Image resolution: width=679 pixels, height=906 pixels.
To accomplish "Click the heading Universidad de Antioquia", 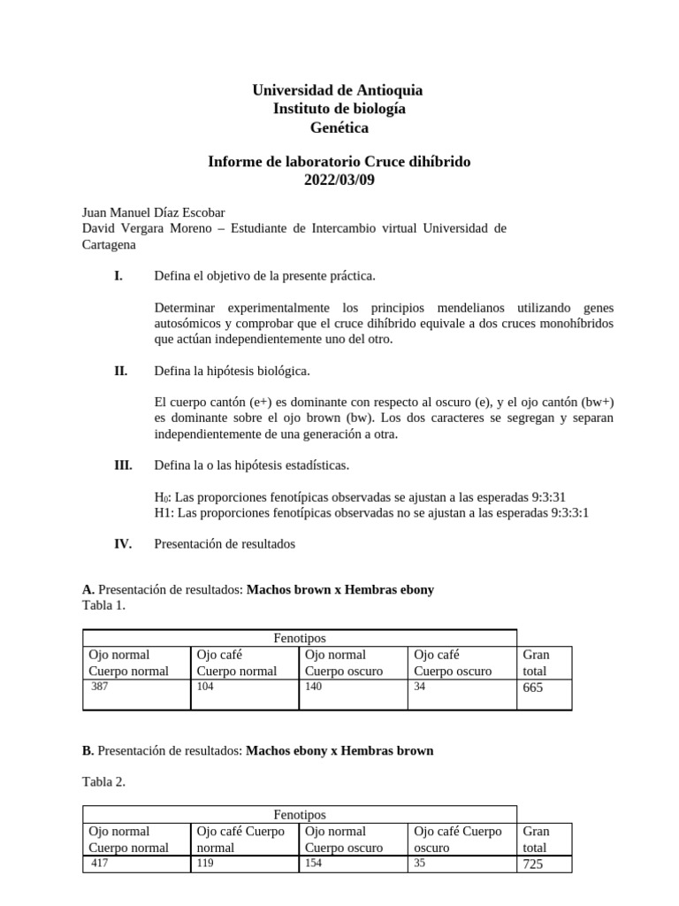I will [339, 90].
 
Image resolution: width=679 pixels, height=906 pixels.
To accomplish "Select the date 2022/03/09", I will [339, 180].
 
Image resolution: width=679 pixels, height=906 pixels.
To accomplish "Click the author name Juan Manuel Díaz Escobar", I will [153, 212].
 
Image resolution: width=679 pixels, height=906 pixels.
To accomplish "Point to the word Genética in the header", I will [339, 127].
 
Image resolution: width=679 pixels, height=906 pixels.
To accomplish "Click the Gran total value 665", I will [533, 687].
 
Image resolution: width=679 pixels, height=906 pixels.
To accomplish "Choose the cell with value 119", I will [206, 863].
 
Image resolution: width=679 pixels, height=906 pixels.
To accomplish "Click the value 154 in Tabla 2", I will [315, 863].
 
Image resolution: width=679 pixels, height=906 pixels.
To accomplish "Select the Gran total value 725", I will [533, 864].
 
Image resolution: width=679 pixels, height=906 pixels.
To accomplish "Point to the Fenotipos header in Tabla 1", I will [299, 638].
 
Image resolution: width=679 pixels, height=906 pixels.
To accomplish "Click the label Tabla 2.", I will [103, 781].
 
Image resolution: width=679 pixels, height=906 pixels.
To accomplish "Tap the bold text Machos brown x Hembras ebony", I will [339, 589].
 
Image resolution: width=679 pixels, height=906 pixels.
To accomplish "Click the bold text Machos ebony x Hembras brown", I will [339, 750].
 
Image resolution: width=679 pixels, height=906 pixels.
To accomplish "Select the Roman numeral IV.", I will [122, 544].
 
